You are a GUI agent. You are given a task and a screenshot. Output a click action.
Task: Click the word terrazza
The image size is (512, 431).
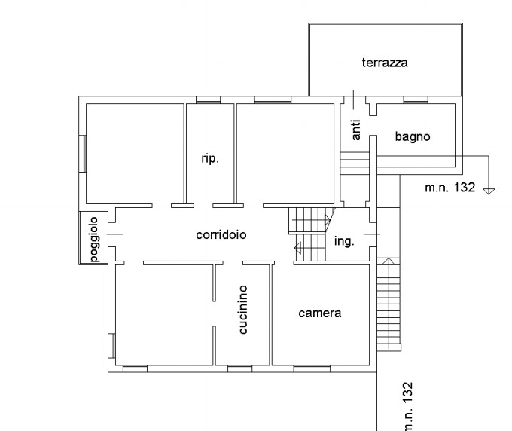385,63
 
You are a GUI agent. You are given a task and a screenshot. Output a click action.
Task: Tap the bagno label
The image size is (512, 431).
413,136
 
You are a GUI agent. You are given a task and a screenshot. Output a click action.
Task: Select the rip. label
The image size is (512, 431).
210,159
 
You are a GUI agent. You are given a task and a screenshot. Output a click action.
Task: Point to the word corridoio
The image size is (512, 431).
221,234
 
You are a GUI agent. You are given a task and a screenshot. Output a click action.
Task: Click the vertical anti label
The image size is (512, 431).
356,130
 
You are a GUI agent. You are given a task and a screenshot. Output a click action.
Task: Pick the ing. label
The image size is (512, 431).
344,241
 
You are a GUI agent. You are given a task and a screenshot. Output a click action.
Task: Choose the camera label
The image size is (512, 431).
320,313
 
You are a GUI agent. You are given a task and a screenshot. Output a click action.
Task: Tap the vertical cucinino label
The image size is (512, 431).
243,310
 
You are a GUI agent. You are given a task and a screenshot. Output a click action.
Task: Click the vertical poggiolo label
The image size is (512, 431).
93,239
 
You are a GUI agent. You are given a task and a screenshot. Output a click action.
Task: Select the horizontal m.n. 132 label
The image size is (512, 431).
450,188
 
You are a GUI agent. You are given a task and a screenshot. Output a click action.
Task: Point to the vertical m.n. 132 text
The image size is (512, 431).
408,406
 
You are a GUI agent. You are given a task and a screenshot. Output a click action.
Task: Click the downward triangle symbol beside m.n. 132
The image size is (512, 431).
489,191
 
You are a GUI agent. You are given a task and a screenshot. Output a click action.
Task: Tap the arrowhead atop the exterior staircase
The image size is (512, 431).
389,261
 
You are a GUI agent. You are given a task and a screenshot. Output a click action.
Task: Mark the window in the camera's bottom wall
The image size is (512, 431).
312,369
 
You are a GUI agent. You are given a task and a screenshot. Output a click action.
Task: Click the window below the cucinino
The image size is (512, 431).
239,369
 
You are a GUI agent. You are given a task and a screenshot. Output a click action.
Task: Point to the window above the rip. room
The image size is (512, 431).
209,99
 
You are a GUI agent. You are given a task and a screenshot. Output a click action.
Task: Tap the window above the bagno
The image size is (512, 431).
416,99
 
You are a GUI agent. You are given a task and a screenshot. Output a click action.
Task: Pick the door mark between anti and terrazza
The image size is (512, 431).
353,100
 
